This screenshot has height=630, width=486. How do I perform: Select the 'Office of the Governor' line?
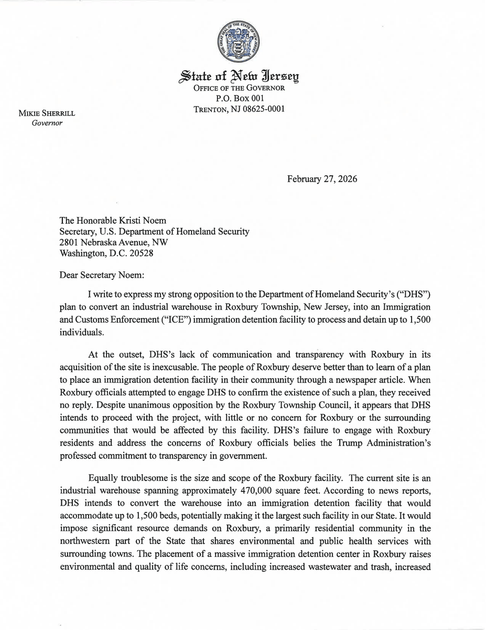[240, 88]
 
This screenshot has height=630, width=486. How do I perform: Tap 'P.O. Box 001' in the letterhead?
[240, 99]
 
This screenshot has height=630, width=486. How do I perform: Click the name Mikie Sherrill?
[47, 113]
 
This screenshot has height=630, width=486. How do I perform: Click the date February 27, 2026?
[322, 179]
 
